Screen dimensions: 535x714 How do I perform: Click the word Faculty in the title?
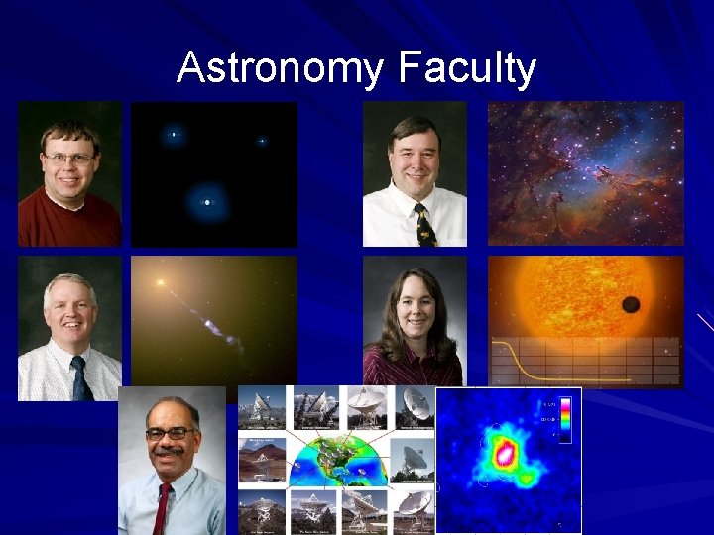[468, 69]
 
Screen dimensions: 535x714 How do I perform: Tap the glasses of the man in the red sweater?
[68, 158]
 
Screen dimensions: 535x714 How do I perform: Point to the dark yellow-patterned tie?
[424, 225]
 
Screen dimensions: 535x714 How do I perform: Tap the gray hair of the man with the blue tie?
[68, 284]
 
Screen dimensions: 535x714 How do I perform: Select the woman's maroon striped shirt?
[412, 370]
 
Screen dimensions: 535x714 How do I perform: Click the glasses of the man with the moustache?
[170, 433]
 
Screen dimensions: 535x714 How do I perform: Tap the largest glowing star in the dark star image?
[206, 202]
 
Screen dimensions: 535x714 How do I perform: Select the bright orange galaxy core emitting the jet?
[160, 283]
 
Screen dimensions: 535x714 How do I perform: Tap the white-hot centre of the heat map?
[505, 454]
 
